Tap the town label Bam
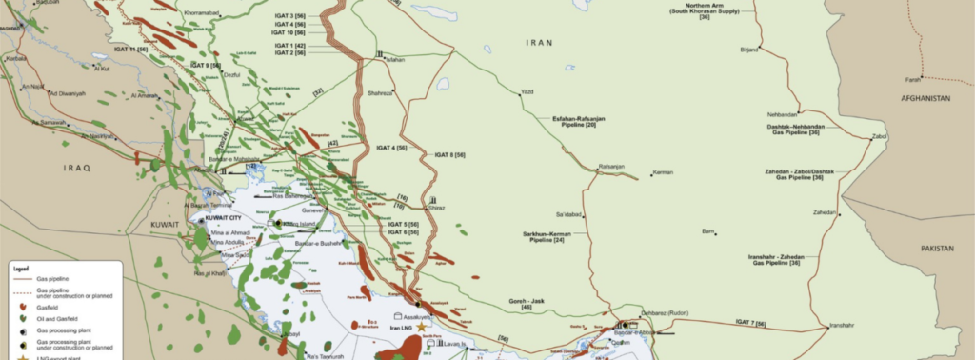tap(707, 231)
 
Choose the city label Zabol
tap(879, 136)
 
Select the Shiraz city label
tap(436, 208)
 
